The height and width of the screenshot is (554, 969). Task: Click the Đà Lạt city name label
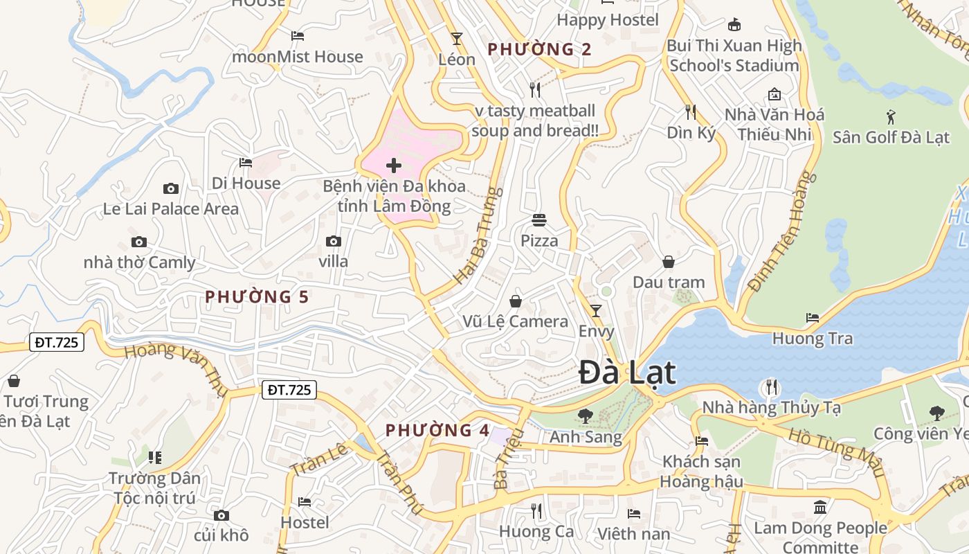point(626,373)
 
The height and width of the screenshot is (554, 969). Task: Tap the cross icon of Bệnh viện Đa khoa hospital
point(394,166)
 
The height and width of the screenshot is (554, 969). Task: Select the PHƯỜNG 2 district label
point(540,49)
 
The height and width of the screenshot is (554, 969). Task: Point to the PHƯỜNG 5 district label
point(257,297)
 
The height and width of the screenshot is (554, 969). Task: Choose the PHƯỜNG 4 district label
point(437,430)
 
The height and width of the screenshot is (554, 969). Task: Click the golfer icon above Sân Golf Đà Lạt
point(891,116)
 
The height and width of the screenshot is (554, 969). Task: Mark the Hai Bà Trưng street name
point(478,235)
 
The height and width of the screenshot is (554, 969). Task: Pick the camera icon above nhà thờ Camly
point(139,242)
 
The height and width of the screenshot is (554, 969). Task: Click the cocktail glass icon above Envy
point(595,310)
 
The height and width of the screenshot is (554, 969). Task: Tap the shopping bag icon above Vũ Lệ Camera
point(516,301)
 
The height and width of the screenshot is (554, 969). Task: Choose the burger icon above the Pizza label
point(539,220)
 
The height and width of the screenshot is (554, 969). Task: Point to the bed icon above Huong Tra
point(813,318)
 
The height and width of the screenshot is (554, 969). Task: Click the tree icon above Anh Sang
point(586,416)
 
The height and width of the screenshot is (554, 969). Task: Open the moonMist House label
point(298,57)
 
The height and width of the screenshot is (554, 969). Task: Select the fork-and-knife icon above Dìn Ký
point(690,111)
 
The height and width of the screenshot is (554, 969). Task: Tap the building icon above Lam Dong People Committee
point(820,508)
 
